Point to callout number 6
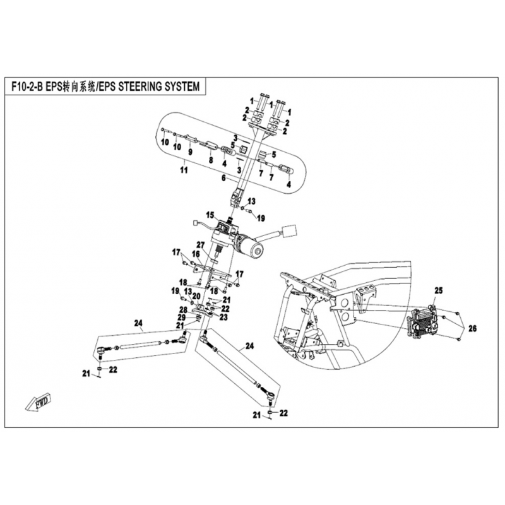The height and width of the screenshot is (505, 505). pyautogui.click(x=222, y=179)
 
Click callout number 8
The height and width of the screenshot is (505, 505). pyautogui.click(x=211, y=161)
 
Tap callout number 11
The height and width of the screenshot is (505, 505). pyautogui.click(x=183, y=170)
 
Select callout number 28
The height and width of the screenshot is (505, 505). pyautogui.click(x=182, y=309)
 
